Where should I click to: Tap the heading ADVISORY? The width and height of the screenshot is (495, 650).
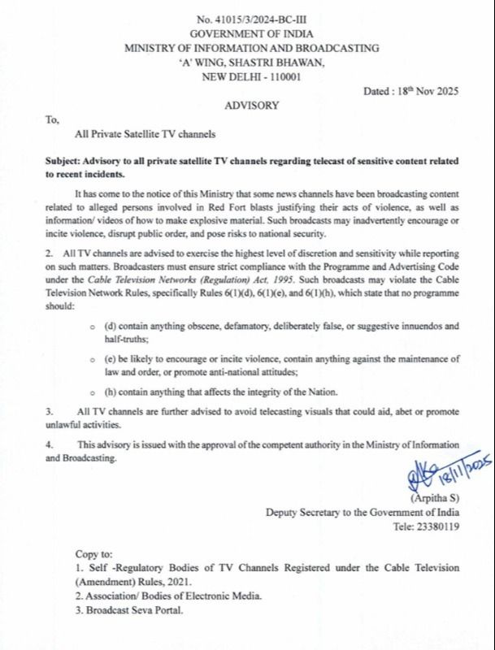pyautogui.click(x=249, y=105)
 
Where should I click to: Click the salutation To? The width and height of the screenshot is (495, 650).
pyautogui.click(x=53, y=120)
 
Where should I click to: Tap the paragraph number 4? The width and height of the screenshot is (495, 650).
pyautogui.click(x=50, y=446)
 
